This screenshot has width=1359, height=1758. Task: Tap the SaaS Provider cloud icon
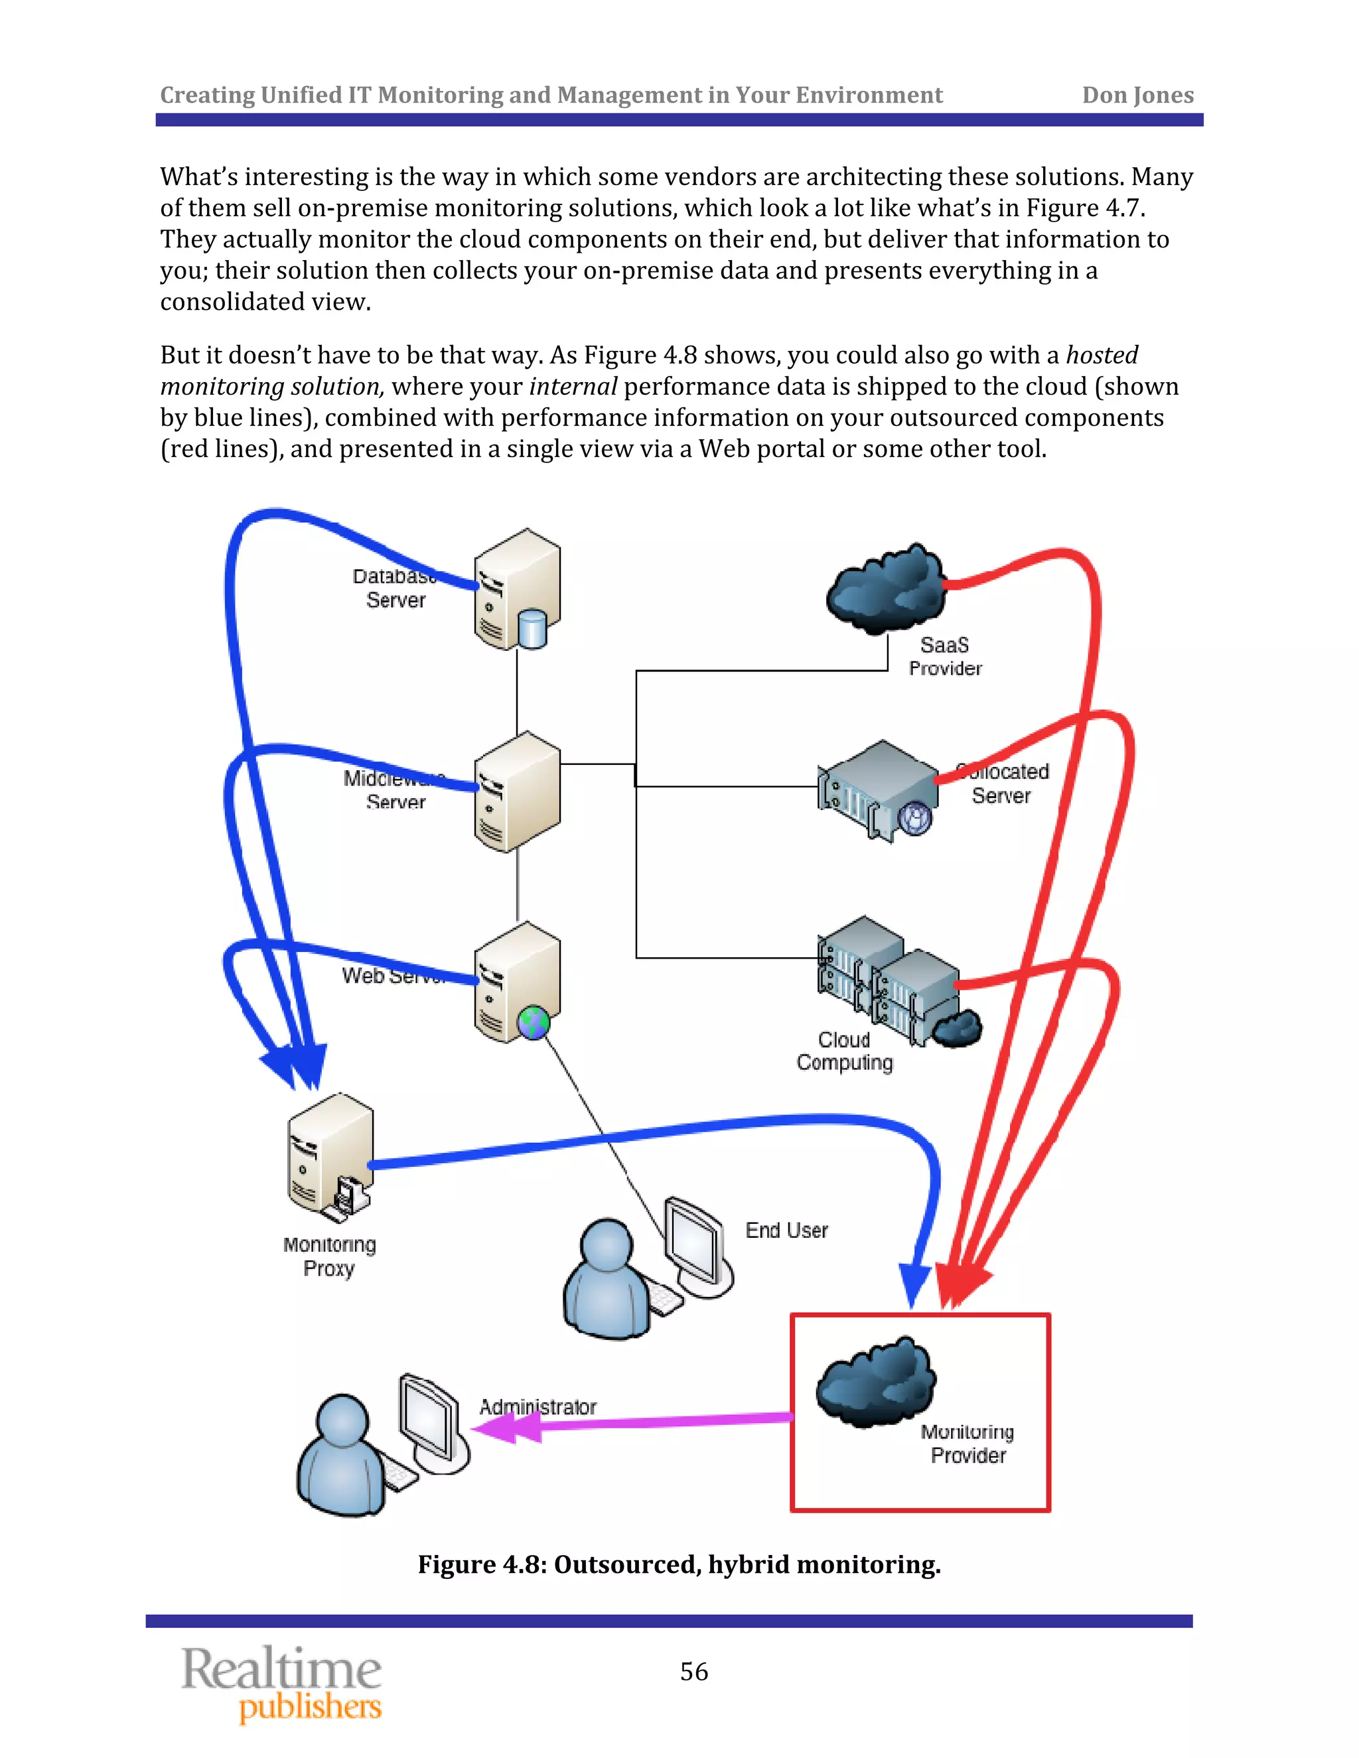886,588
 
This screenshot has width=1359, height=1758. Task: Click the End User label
786,1231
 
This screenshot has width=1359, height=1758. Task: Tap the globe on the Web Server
534,1023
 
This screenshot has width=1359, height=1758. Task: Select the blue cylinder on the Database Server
532,629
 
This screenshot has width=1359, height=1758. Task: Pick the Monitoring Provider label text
967,1444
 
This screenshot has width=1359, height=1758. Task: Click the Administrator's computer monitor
430,1418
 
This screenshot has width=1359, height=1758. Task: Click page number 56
694,1672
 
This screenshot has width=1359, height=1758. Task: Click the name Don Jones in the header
1137,95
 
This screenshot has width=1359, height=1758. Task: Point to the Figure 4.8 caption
679,1564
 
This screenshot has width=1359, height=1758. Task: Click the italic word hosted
1102,355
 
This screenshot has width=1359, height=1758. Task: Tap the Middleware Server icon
517,792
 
